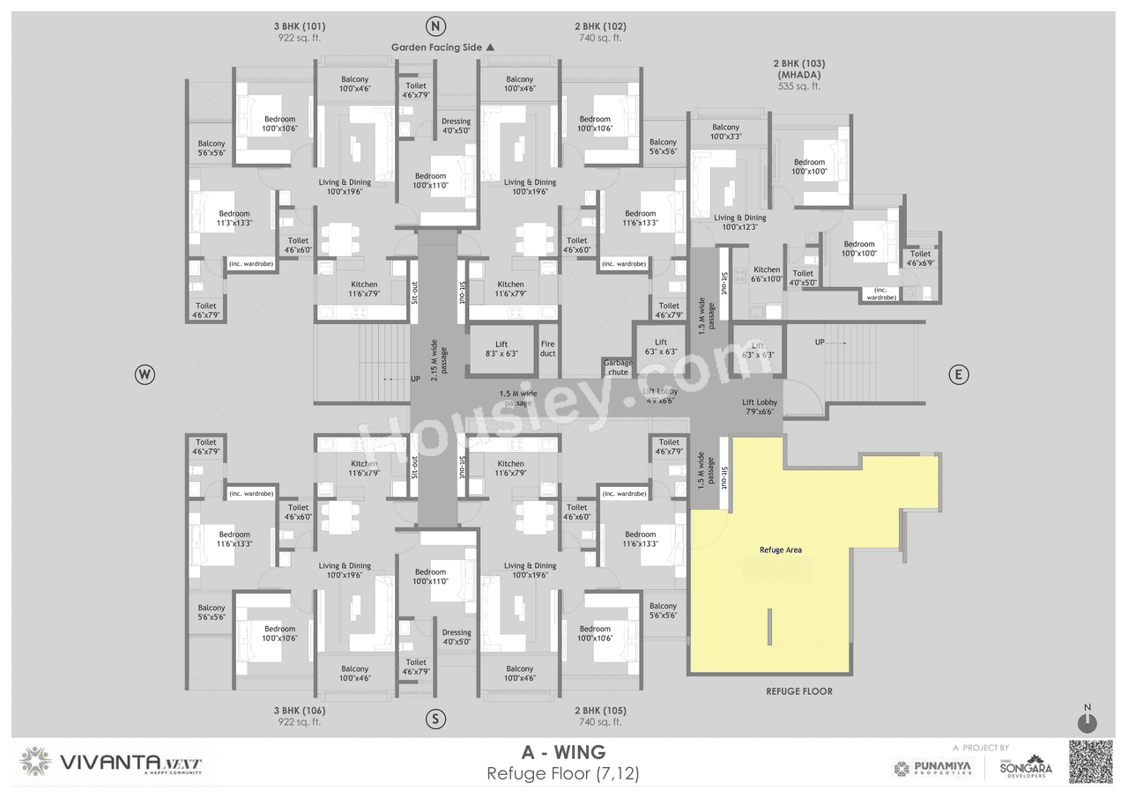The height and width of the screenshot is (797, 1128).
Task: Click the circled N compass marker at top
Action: [x=434, y=25]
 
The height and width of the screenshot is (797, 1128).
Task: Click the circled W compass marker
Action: [x=145, y=375]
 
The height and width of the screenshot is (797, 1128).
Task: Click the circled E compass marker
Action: [x=958, y=375]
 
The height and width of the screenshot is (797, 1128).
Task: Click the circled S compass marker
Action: [x=434, y=719]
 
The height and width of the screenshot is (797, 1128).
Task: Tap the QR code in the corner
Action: [x=1091, y=762]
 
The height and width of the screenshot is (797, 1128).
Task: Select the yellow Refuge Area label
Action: [x=780, y=550]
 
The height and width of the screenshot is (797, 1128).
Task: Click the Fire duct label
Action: [x=547, y=349]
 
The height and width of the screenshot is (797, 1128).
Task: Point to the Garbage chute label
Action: [x=618, y=367]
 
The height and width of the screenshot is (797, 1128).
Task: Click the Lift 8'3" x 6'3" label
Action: [x=501, y=349]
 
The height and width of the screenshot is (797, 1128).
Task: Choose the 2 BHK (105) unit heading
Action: [x=599, y=715]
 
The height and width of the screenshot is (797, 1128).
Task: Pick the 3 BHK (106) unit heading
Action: [x=299, y=715]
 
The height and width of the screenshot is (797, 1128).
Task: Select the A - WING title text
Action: [x=563, y=752]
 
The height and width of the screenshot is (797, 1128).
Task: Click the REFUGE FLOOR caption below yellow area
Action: [x=798, y=691]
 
